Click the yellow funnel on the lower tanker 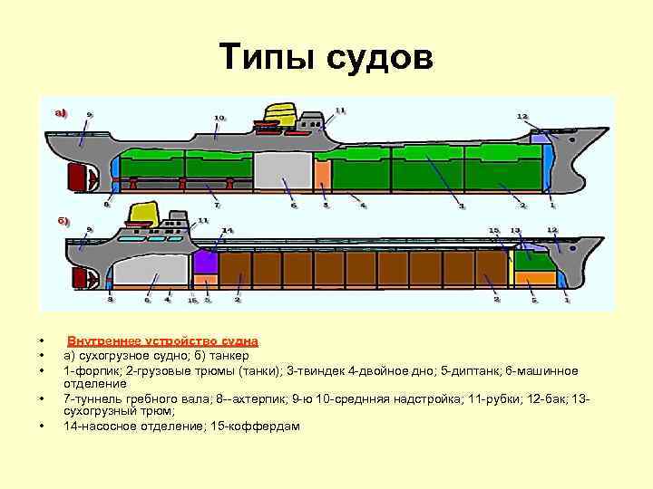143,214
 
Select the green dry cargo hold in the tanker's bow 534,262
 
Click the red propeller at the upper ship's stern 73,175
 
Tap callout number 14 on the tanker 228,231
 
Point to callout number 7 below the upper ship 216,205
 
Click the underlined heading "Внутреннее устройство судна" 162,341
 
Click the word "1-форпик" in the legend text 87,370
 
